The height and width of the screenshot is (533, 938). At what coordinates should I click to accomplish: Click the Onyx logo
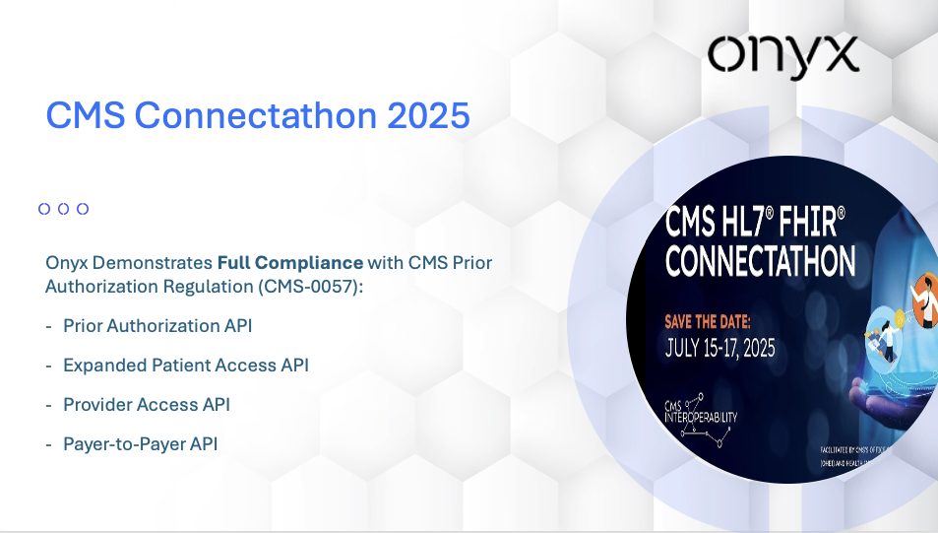pos(782,55)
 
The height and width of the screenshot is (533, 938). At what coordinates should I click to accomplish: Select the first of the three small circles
pos(44,209)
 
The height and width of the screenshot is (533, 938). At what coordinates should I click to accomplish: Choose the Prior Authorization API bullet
pos(158,325)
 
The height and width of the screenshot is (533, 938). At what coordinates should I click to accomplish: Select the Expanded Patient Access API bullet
pos(185,365)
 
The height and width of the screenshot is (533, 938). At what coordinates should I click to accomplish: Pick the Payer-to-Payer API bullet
pos(140,443)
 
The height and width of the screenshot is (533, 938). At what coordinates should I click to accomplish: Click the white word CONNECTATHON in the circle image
pos(760,261)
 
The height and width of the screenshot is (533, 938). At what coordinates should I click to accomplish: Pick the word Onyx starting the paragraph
pos(66,264)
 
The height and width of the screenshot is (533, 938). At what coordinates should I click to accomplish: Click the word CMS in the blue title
pos(86,116)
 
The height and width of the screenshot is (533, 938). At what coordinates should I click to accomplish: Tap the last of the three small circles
pos(83,209)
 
